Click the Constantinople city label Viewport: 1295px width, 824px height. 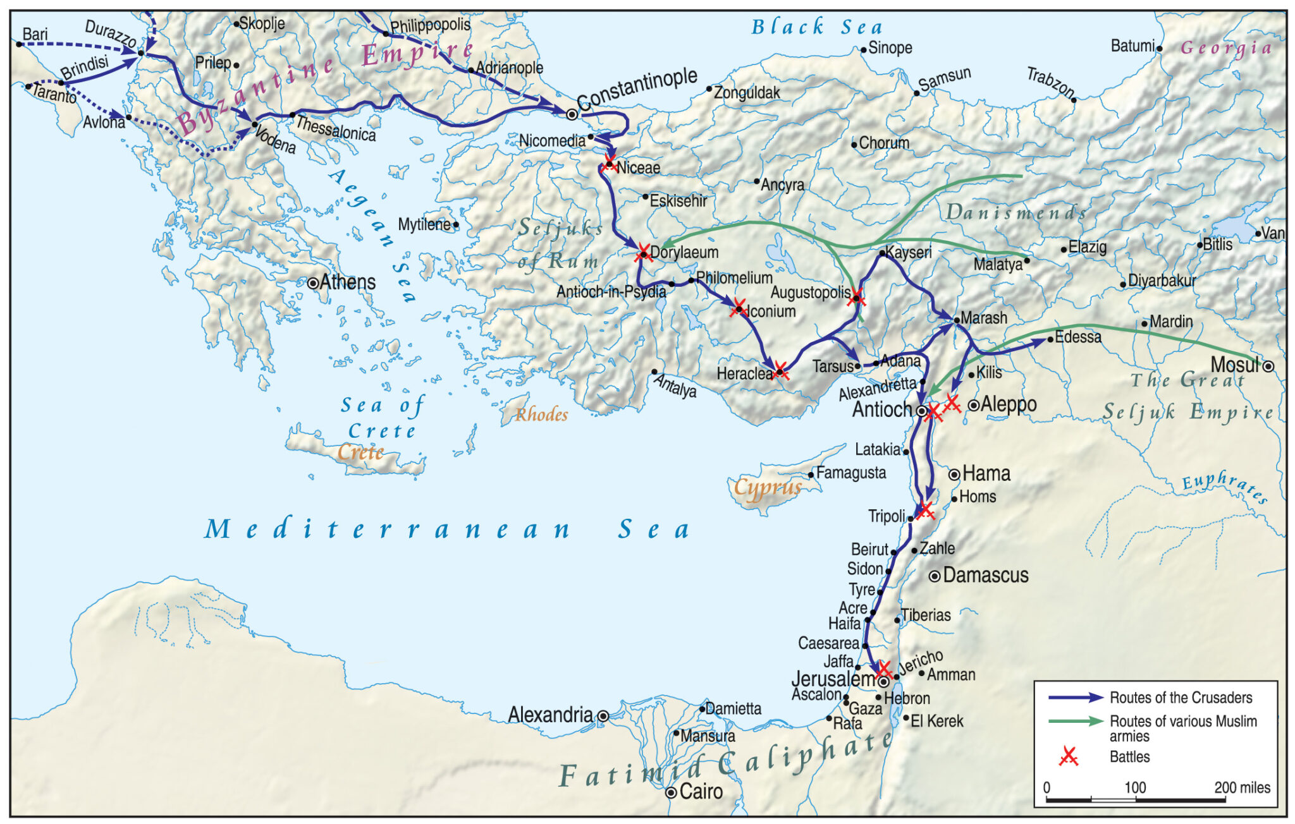click(637, 89)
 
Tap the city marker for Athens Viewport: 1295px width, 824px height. click(312, 283)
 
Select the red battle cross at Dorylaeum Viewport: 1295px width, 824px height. click(644, 253)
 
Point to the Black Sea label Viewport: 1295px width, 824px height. click(816, 27)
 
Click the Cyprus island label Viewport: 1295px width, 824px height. click(768, 488)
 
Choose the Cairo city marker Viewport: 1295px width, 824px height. click(671, 792)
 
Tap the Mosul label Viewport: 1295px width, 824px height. click(1234, 365)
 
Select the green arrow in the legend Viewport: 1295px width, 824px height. click(1076, 721)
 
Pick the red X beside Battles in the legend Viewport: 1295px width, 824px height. click(1068, 756)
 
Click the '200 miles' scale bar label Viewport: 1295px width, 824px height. click(1242, 787)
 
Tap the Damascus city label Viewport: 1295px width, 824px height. click(985, 575)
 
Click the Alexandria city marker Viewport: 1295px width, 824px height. click(603, 716)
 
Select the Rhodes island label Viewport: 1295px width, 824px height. click(541, 415)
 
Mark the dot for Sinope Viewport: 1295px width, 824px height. click(863, 49)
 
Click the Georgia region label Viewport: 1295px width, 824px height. click(1226, 48)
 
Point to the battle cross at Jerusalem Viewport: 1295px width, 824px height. click(885, 670)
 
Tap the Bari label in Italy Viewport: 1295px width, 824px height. click(35, 34)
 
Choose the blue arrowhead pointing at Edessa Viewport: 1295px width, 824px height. click(1040, 342)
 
